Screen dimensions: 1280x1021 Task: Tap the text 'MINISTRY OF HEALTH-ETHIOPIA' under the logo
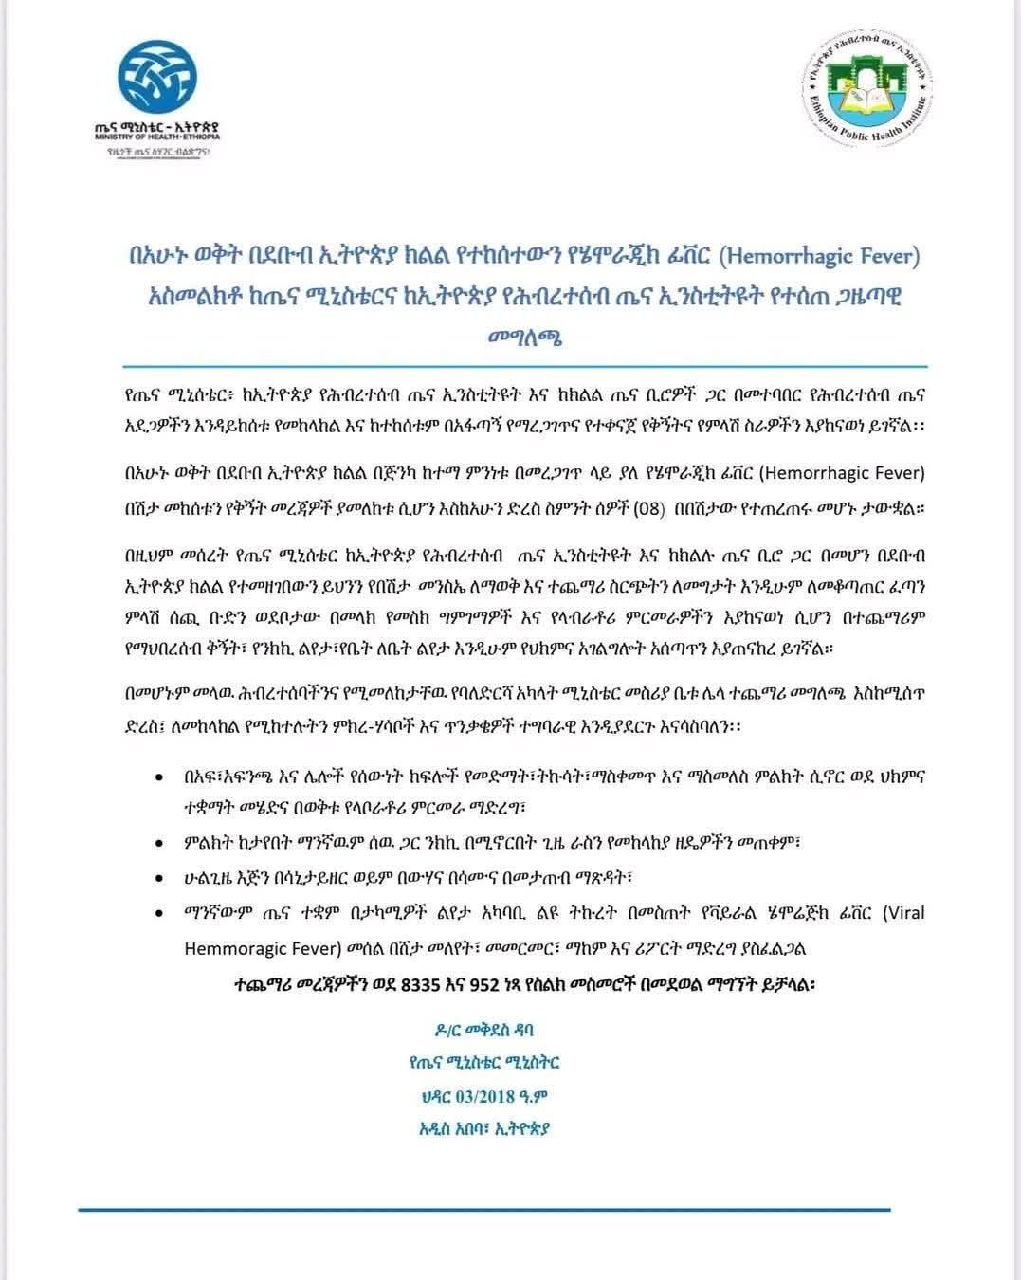[157, 137]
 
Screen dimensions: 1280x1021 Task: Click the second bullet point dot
[157, 842]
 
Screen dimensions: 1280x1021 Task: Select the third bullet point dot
[157, 878]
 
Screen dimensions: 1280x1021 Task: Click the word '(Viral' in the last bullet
[903, 913]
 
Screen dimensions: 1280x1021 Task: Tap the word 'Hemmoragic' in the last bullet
[230, 947]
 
